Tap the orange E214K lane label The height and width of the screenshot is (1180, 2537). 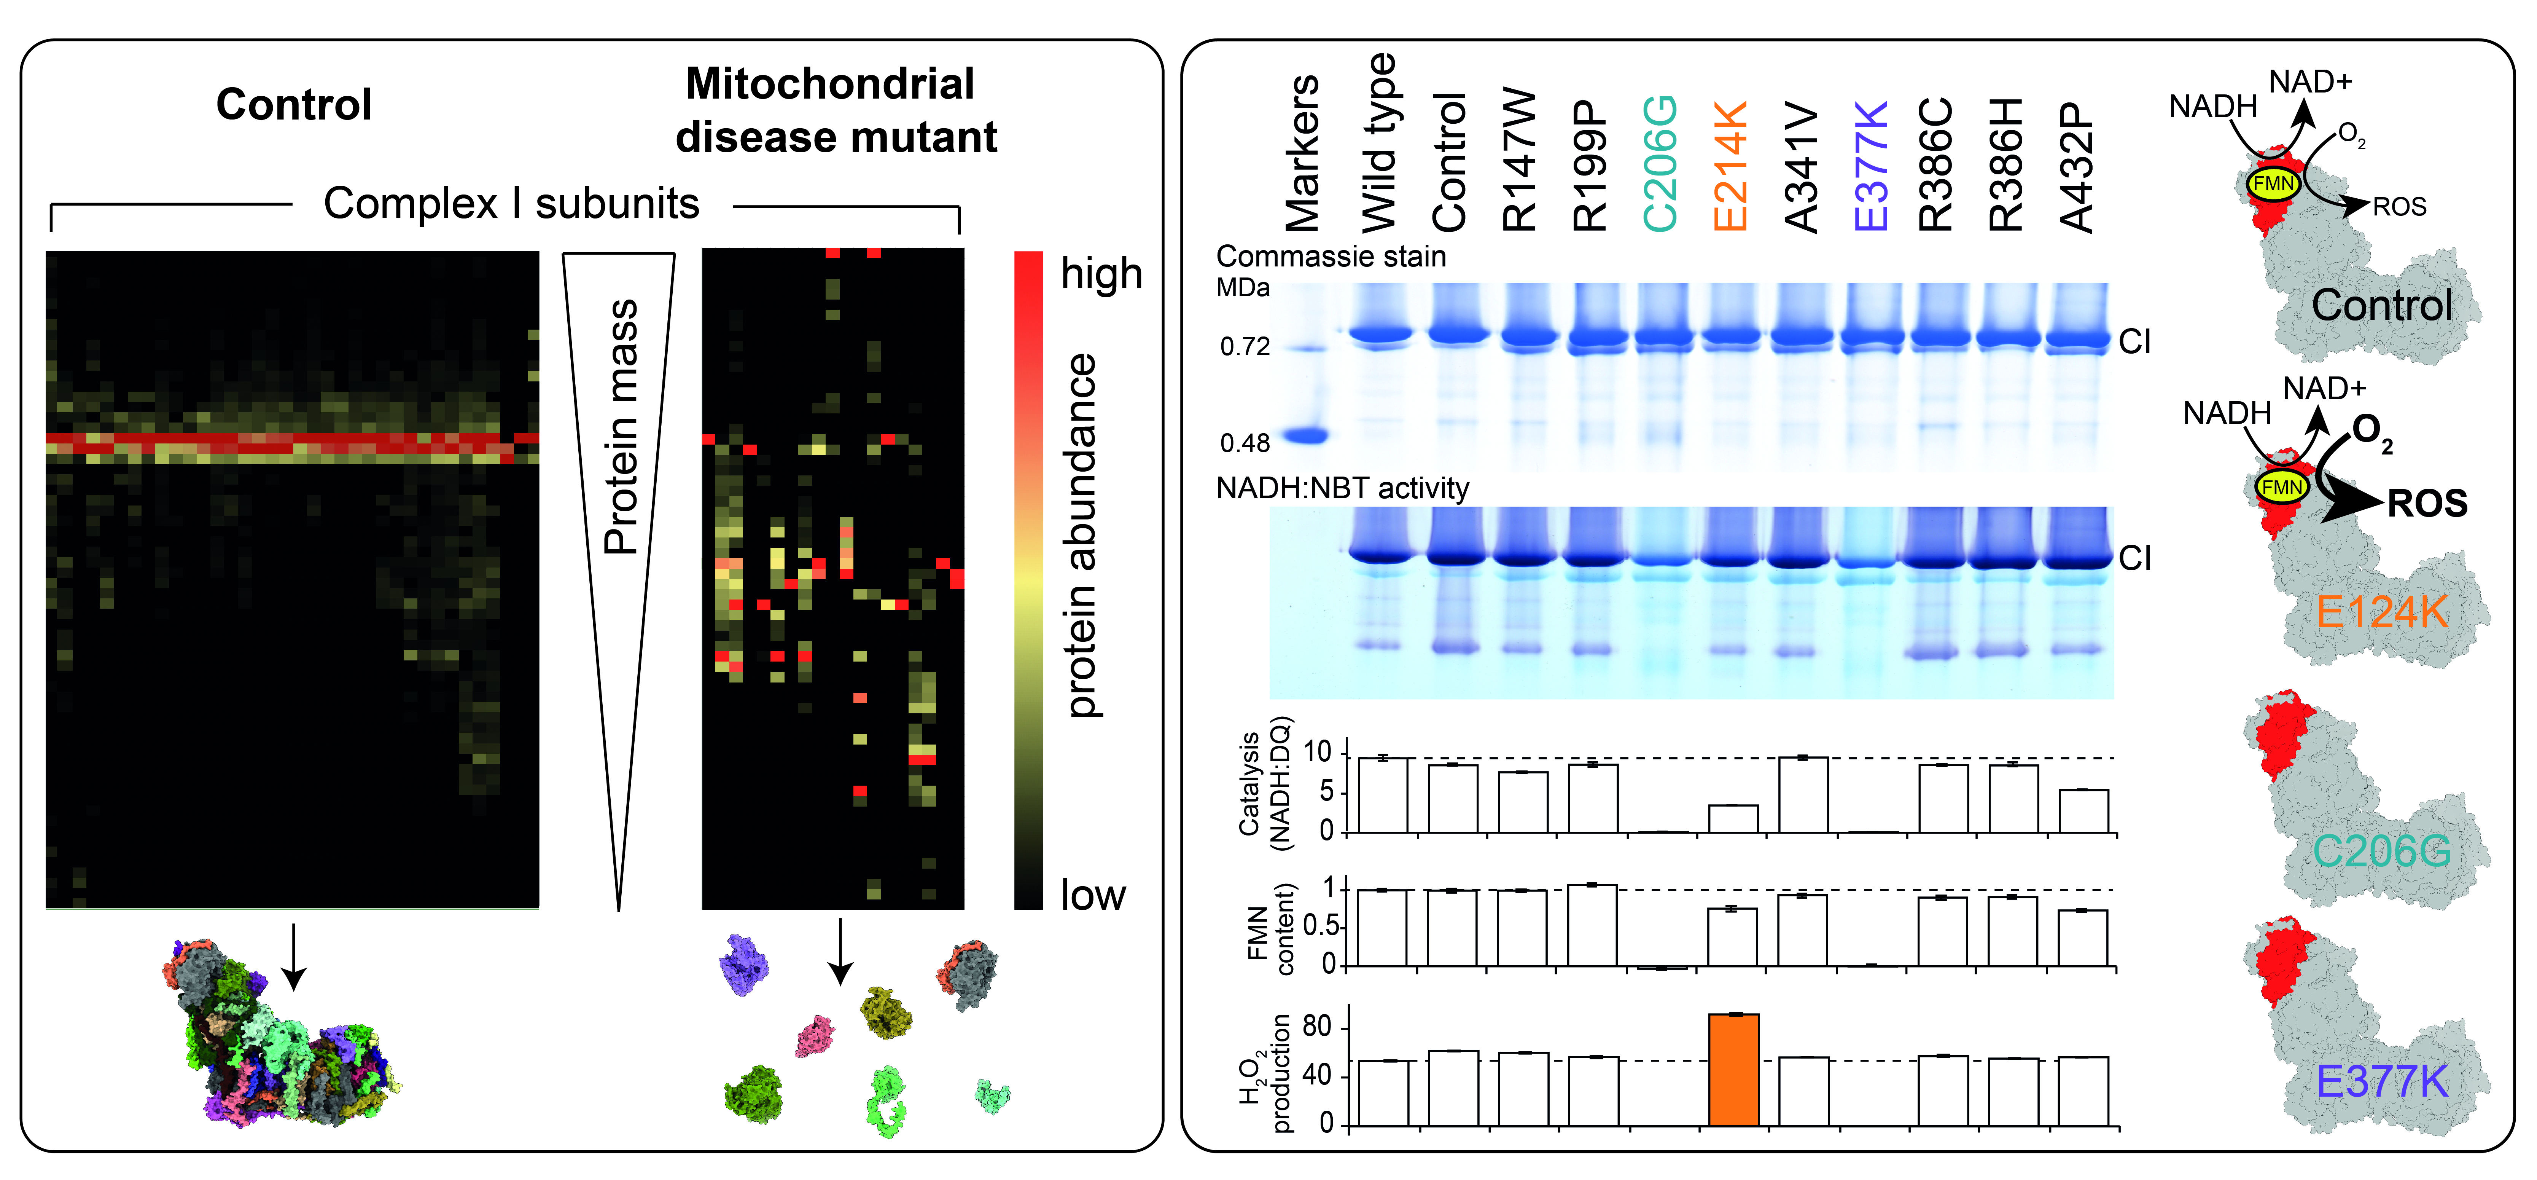[1730, 166]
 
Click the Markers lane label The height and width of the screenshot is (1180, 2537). [1302, 153]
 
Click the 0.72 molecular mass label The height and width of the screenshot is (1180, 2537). [1245, 347]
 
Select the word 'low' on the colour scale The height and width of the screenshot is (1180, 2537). [1092, 895]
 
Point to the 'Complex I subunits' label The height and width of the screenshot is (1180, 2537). [511, 204]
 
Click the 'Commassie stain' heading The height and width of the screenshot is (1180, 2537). [1331, 257]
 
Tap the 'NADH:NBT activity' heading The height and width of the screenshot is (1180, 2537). [1342, 488]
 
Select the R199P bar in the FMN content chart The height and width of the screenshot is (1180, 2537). [1593, 925]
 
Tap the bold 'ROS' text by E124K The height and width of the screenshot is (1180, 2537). [2428, 504]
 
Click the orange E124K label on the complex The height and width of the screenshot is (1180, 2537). [2381, 613]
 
